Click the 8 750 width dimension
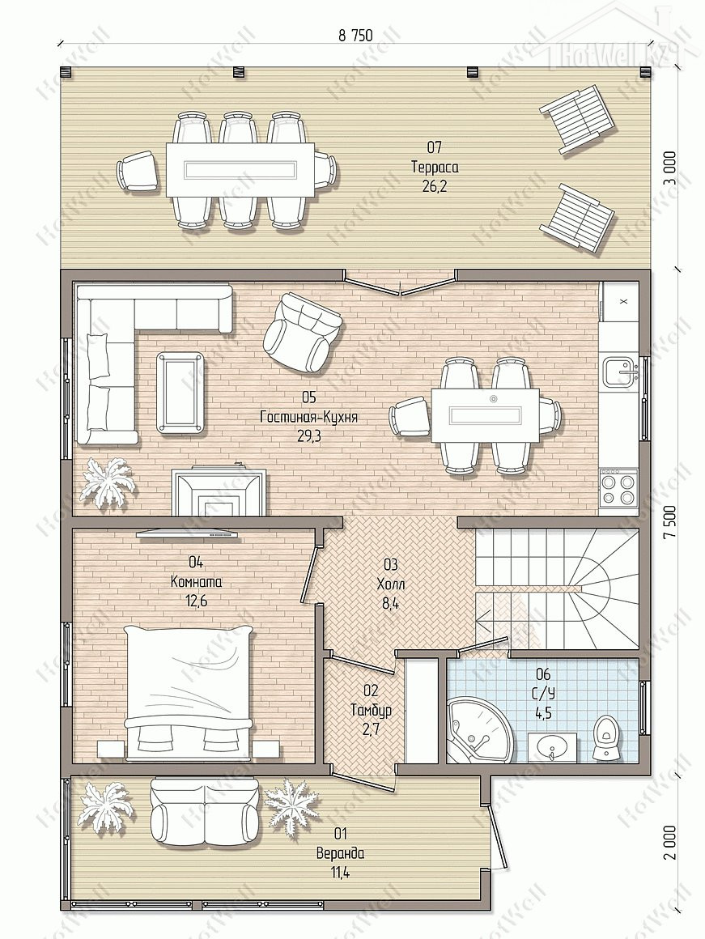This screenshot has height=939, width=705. click(355, 36)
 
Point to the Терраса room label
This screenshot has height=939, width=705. click(435, 167)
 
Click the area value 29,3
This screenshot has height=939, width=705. click(309, 436)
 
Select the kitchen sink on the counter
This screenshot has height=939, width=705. click(620, 371)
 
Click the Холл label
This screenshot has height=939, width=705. click(387, 584)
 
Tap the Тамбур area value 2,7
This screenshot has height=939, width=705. click(371, 730)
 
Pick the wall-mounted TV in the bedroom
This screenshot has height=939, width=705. click(188, 533)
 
